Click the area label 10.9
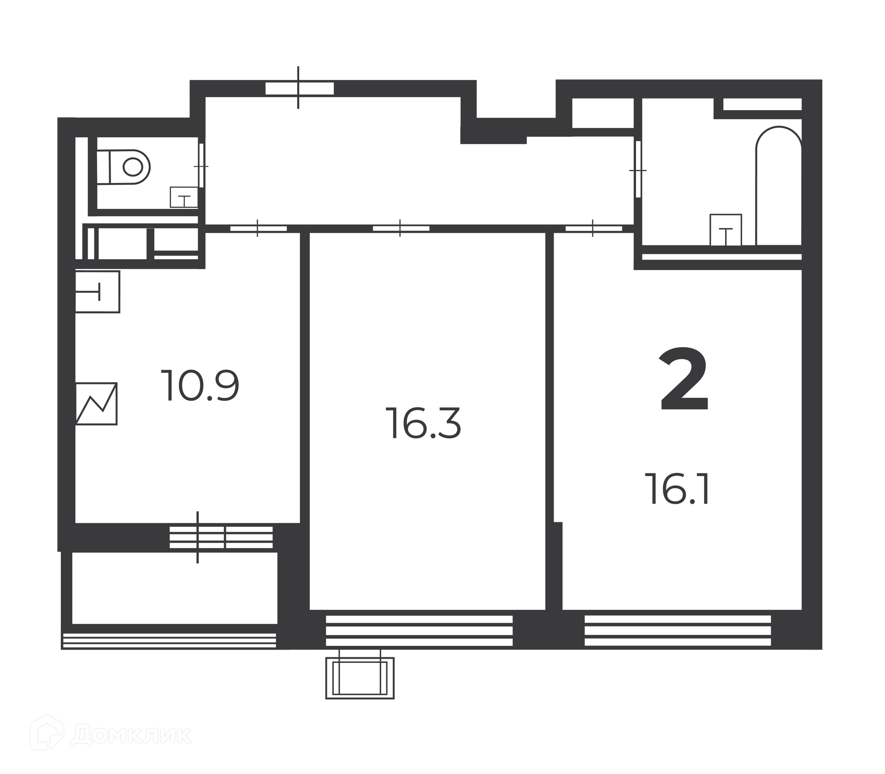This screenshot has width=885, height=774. pyautogui.click(x=200, y=386)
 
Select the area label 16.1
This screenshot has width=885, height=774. pyautogui.click(x=678, y=489)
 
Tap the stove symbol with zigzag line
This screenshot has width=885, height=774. pyautogui.click(x=96, y=403)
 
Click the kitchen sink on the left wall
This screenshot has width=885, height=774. pyautogui.click(x=98, y=292)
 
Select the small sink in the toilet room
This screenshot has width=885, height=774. pyautogui.click(x=184, y=197)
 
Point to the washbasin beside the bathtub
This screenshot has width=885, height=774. pyautogui.click(x=726, y=230)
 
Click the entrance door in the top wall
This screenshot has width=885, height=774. pyautogui.click(x=299, y=88)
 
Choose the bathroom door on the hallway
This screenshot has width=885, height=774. pyautogui.click(x=638, y=170)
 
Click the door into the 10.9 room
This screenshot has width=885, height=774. pyautogui.click(x=258, y=228)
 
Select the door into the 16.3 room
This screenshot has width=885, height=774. pyautogui.click(x=401, y=228)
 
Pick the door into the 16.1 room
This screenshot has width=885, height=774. pyautogui.click(x=594, y=228)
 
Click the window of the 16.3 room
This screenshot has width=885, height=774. pyautogui.click(x=419, y=631)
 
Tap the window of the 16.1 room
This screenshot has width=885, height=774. pyautogui.click(x=678, y=631)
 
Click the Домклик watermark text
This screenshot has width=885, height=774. pyautogui.click(x=131, y=735)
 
